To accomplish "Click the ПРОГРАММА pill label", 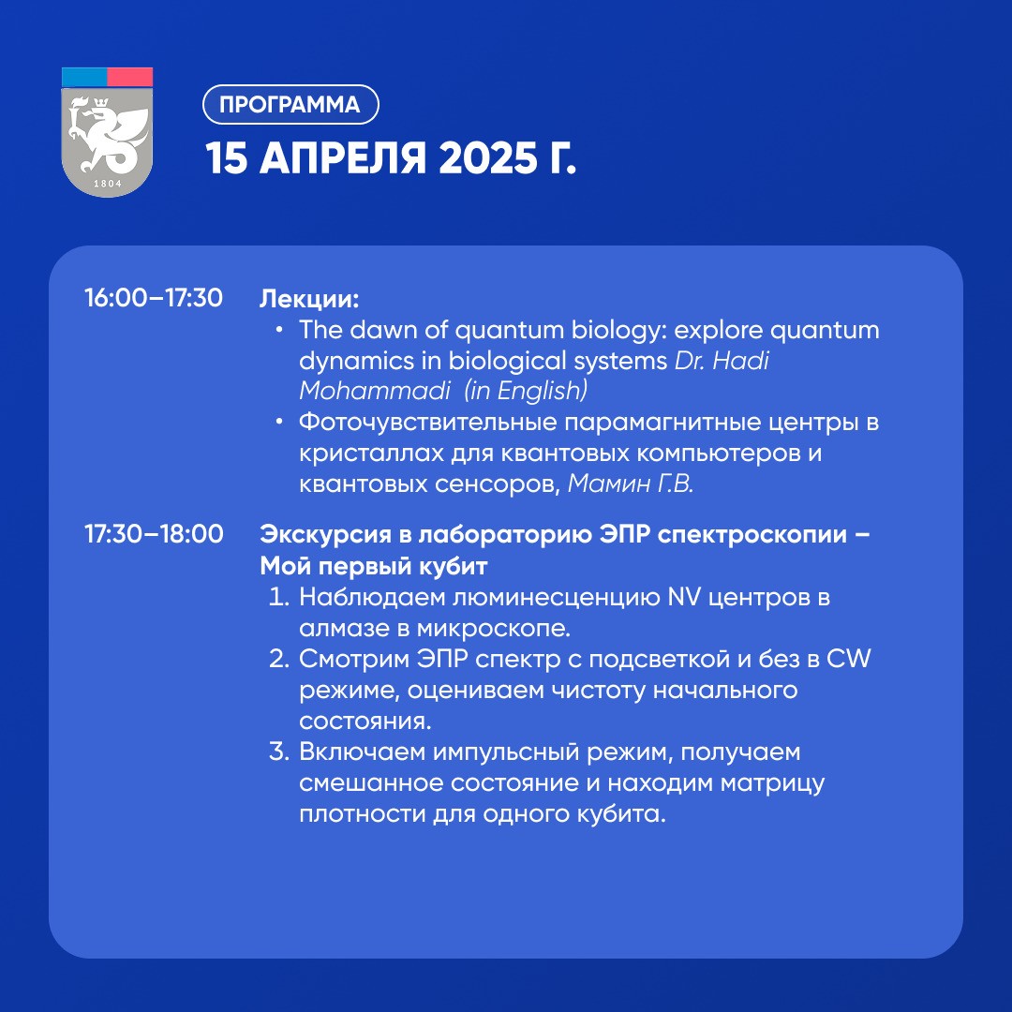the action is click(x=290, y=105).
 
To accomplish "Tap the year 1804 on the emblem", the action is click(x=107, y=184).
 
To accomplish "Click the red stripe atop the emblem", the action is click(x=129, y=77).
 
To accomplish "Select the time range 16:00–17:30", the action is click(x=154, y=298).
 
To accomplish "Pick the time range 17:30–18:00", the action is click(x=154, y=534).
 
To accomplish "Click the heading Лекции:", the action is click(x=309, y=299).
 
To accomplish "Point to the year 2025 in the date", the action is click(x=488, y=158).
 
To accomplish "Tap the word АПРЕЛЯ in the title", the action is click(x=343, y=158).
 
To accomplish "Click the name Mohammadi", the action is click(x=375, y=391).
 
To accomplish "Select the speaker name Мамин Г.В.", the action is click(x=631, y=484).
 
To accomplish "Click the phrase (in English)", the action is click(x=526, y=391).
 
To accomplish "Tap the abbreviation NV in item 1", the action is click(x=683, y=597).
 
